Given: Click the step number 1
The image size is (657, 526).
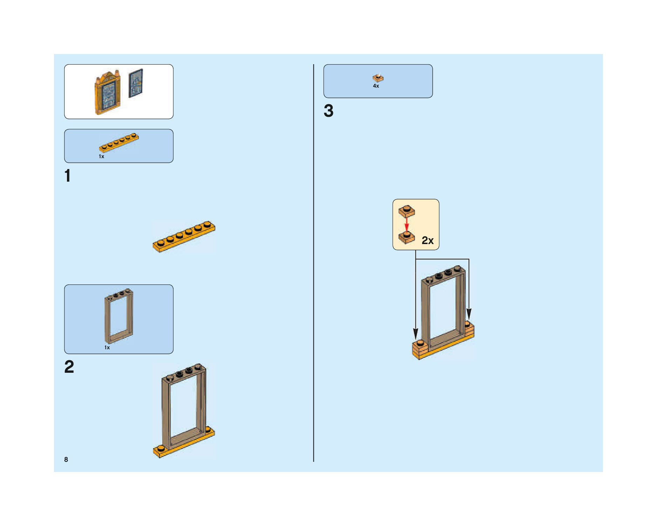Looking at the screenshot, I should [68, 176].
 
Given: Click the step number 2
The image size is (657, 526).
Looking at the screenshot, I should [69, 367].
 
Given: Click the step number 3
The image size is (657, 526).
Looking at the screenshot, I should [328, 111].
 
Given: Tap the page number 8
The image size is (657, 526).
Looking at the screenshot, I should [66, 459].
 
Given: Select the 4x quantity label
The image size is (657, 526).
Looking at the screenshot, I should [376, 86].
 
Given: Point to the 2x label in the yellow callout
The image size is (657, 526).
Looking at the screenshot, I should [427, 240].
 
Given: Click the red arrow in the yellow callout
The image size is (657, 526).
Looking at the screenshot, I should [406, 224].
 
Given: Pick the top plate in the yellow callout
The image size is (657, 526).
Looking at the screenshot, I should [406, 211].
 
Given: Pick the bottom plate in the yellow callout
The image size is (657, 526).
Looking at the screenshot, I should [406, 237].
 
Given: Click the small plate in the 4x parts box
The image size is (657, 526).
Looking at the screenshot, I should [378, 78].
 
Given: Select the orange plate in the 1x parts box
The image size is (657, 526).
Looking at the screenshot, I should [118, 142].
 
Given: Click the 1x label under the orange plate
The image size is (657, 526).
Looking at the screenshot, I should [101, 156].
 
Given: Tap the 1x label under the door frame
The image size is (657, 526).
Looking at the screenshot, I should [107, 348].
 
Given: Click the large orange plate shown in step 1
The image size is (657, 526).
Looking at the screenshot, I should [184, 237].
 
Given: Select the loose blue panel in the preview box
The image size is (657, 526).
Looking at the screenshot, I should [136, 83].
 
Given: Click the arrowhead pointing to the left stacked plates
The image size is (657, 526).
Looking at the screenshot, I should [415, 334].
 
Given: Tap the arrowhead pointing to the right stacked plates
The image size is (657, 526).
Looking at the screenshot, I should [469, 313].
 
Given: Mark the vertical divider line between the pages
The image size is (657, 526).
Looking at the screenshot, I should [313, 263].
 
